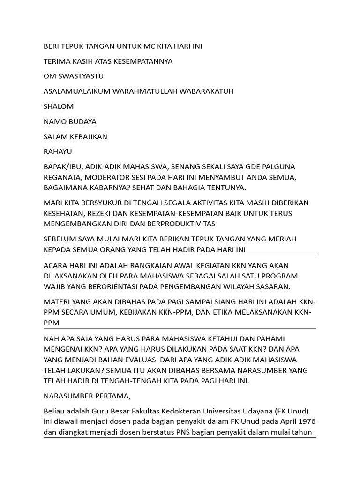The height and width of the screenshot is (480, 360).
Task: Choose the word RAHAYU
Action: pyautogui.click(x=58, y=151)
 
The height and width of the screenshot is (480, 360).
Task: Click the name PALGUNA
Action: pyautogui.click(x=278, y=166)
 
